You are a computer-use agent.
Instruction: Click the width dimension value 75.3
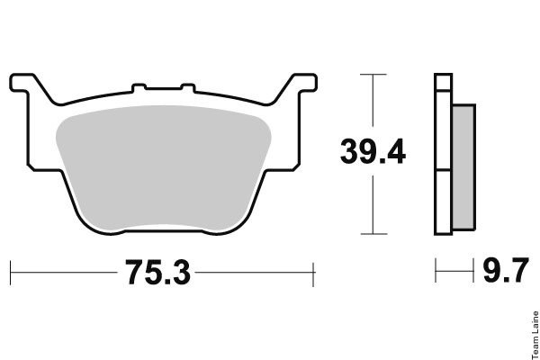point(157,273)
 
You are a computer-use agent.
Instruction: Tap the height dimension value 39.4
point(373,151)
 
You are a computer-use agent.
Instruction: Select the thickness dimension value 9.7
point(505,270)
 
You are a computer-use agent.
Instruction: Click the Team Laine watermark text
point(535,335)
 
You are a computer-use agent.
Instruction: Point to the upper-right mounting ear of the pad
point(304,83)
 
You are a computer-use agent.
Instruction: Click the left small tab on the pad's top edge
point(139,87)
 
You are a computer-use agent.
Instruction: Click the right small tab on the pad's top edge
point(188,87)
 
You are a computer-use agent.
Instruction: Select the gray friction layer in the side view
point(463,167)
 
